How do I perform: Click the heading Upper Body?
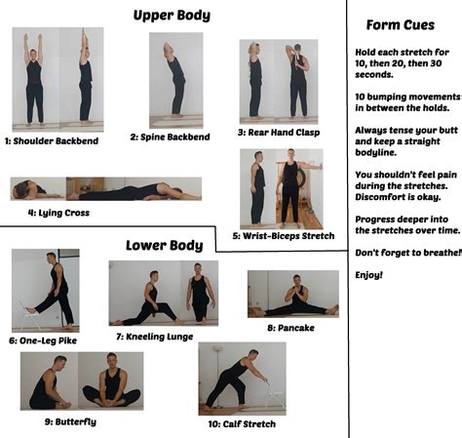[x=172, y=15]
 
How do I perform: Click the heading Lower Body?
[x=165, y=245]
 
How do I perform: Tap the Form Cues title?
[x=400, y=24]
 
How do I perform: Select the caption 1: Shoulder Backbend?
[x=53, y=140]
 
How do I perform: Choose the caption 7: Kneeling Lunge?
[x=159, y=337]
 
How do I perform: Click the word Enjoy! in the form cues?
[x=368, y=275]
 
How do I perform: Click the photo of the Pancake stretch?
[x=292, y=295]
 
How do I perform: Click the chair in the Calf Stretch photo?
[x=275, y=395]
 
